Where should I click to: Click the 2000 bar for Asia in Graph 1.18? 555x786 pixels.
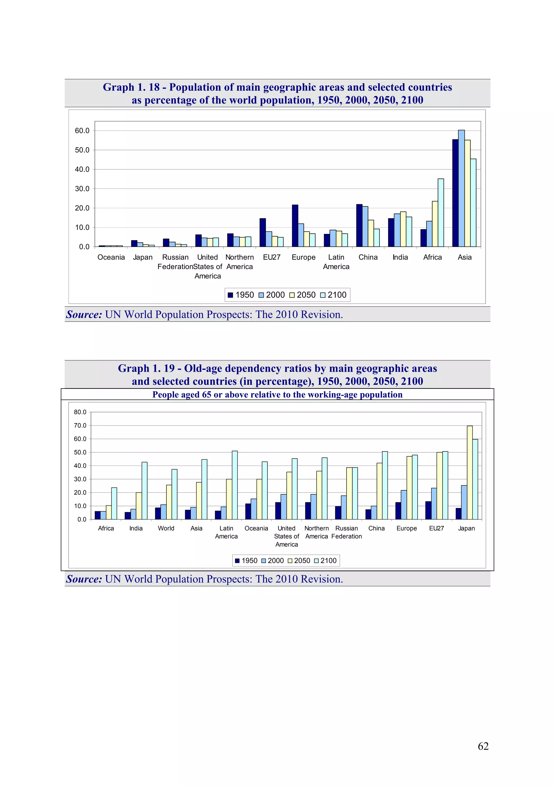click(x=461, y=188)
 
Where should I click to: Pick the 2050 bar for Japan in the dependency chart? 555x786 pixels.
click(x=470, y=472)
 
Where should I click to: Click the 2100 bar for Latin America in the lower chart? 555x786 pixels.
click(x=235, y=485)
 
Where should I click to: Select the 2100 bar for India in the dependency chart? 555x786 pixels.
click(x=144, y=491)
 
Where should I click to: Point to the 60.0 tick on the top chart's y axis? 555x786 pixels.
click(x=82, y=131)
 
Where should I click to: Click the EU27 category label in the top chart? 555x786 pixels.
click(x=272, y=257)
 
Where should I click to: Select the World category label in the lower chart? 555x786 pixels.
click(x=166, y=528)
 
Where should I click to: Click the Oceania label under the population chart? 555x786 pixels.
click(x=111, y=257)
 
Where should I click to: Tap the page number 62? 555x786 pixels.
click(x=483, y=746)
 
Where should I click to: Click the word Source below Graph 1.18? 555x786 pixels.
click(x=84, y=314)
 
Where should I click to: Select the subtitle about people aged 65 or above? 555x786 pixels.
click(x=277, y=394)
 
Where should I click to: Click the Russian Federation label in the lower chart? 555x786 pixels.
click(x=346, y=532)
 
